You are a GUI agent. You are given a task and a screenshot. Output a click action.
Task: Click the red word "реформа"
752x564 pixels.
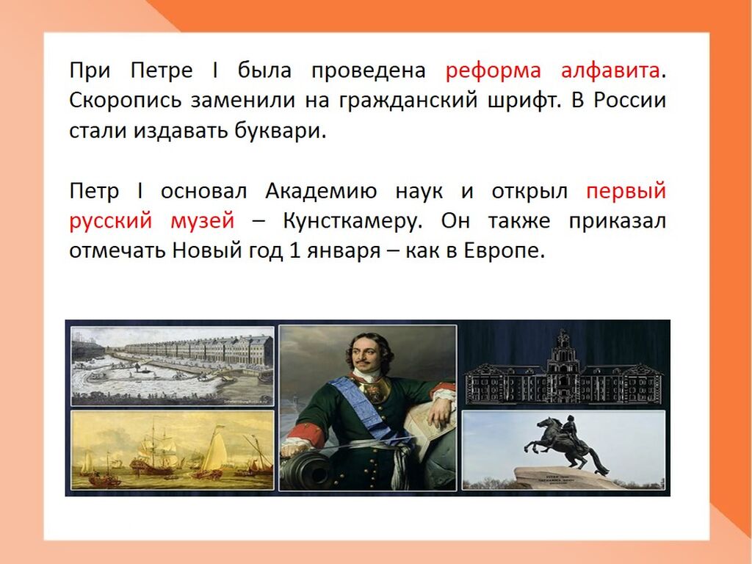point(493,71)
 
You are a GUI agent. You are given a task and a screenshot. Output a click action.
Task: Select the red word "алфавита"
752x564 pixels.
point(610,70)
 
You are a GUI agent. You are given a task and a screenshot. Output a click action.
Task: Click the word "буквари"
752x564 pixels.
point(280,130)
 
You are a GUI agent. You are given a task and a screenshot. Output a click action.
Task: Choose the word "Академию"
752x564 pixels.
point(321,192)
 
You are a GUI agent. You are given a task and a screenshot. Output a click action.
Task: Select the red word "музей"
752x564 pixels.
point(203,221)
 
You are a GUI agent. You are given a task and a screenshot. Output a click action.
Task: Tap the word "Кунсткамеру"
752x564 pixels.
point(352,221)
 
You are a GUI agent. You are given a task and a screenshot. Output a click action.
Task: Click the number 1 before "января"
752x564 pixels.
point(294,251)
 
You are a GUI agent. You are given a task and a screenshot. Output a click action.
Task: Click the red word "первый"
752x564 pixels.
point(626,192)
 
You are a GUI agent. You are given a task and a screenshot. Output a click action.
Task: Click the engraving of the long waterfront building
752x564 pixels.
point(173,366)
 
